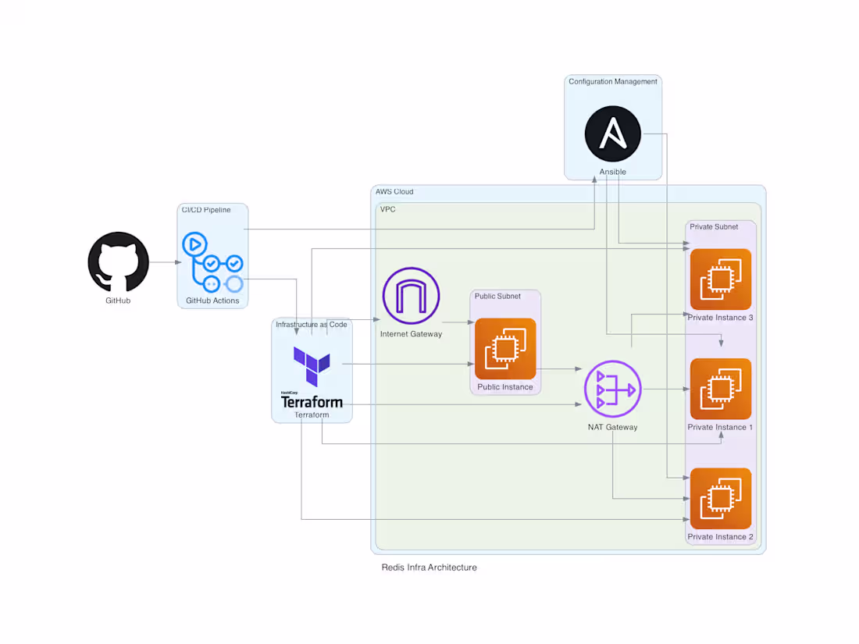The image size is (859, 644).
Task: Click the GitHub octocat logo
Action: pyautogui.click(x=118, y=262)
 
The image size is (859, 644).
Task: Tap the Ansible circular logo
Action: pyautogui.click(x=613, y=134)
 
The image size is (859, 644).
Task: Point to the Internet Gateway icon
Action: pyautogui.click(x=411, y=296)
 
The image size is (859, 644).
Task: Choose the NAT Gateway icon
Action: pyautogui.click(x=612, y=389)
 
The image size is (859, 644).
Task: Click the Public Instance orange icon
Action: pyautogui.click(x=505, y=349)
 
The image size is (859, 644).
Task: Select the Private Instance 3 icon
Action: pyautogui.click(x=720, y=279)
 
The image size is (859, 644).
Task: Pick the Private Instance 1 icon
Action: pyautogui.click(x=720, y=389)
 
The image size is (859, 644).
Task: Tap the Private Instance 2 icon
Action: pyautogui.click(x=720, y=498)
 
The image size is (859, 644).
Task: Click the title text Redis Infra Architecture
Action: pyautogui.click(x=429, y=568)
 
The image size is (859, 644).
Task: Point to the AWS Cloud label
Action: pyautogui.click(x=394, y=192)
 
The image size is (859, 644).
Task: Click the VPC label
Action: pyautogui.click(x=387, y=209)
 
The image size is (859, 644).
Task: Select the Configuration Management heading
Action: pyautogui.click(x=612, y=82)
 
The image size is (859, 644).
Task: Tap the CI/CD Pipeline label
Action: pyautogui.click(x=206, y=210)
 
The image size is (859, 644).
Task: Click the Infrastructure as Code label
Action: pyautogui.click(x=311, y=324)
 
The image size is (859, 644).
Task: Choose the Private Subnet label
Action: pyautogui.click(x=714, y=227)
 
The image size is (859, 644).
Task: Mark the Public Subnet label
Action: pyautogui.click(x=497, y=296)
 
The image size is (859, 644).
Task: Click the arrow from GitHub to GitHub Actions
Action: pyautogui.click(x=163, y=262)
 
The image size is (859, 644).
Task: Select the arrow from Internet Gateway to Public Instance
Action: pyautogui.click(x=458, y=322)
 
